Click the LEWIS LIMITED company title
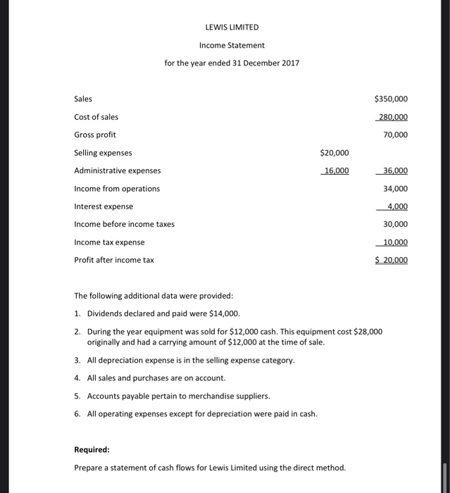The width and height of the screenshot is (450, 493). pyautogui.click(x=232, y=27)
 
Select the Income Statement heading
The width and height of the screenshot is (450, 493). pyautogui.click(x=232, y=45)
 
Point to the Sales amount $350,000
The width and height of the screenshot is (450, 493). pyautogui.click(x=391, y=99)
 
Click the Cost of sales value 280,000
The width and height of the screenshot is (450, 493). pyautogui.click(x=392, y=117)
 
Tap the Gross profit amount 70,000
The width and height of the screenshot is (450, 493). pyautogui.click(x=395, y=135)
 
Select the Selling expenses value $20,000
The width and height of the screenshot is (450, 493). pyautogui.click(x=334, y=152)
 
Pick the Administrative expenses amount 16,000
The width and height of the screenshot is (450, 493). pyautogui.click(x=336, y=170)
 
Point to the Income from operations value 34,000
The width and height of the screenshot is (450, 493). pyautogui.click(x=395, y=189)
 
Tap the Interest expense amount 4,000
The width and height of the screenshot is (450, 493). pyautogui.click(x=397, y=206)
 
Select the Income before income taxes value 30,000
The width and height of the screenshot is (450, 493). pyautogui.click(x=395, y=224)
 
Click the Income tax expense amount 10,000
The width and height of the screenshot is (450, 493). pyautogui.click(x=394, y=242)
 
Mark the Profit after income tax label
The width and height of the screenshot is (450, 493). pyautogui.click(x=114, y=260)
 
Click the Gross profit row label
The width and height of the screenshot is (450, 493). pyautogui.click(x=95, y=135)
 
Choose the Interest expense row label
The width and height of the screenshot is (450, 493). pyautogui.click(x=104, y=206)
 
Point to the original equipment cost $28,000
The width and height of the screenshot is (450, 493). pyautogui.click(x=366, y=331)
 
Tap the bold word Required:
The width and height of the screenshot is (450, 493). pyautogui.click(x=92, y=449)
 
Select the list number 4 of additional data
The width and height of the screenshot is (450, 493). pyautogui.click(x=77, y=377)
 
